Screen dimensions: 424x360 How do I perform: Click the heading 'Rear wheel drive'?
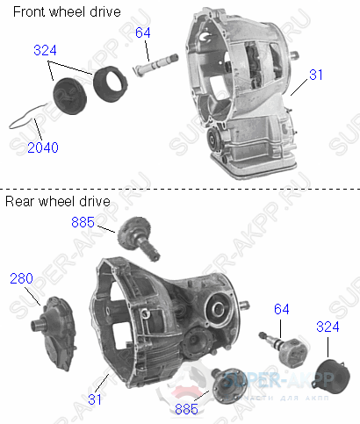click(x=58, y=201)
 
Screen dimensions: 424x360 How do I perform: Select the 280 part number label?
click(x=21, y=278)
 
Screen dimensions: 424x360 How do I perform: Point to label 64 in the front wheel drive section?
click(x=143, y=32)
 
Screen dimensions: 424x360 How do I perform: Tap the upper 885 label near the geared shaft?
click(x=83, y=223)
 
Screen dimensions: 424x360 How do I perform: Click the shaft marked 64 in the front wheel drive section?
click(x=153, y=68)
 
